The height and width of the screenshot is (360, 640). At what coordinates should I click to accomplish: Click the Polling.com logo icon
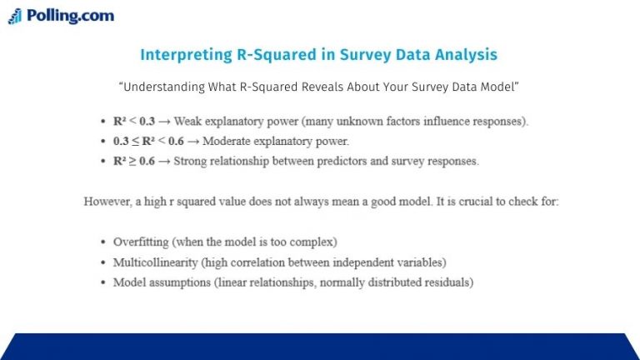coord(15,16)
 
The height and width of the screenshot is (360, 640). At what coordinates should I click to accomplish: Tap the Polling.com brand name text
coord(70,16)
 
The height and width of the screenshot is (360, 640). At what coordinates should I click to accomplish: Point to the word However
coord(107,202)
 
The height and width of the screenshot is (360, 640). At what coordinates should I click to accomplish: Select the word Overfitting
coord(142,242)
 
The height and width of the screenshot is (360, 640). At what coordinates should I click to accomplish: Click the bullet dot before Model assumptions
coord(102,282)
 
